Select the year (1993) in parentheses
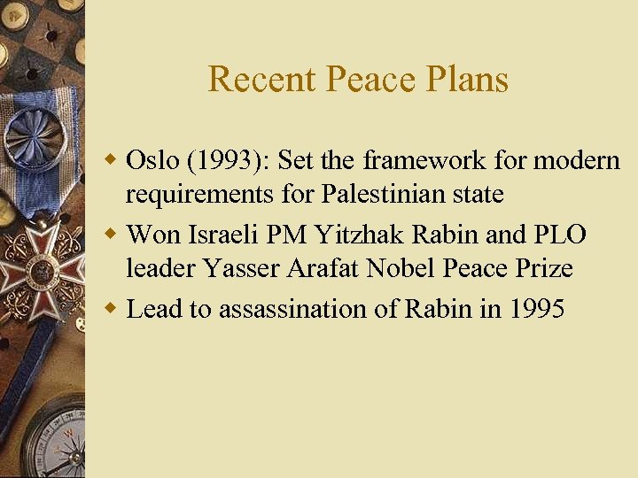tap(217, 160)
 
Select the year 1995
tap(535, 309)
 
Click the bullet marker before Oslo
tap(112, 161)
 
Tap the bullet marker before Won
tap(112, 235)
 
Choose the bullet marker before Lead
tap(112, 310)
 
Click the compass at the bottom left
tap(53, 443)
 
